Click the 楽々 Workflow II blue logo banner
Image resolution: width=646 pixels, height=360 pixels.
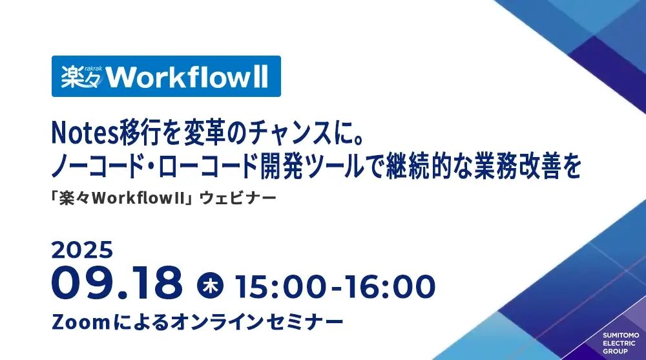pyautogui.click(x=166, y=76)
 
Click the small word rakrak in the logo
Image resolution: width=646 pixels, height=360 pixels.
pyautogui.click(x=93, y=69)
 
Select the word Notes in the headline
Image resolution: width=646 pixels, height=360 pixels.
pyautogui.click(x=85, y=134)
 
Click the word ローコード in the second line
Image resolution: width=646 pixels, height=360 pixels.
pyautogui.click(x=207, y=167)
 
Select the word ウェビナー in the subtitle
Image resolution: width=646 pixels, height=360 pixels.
pyautogui.click(x=238, y=198)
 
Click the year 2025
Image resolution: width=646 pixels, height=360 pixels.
pyautogui.click(x=82, y=250)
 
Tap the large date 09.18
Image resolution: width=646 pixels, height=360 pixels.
pyautogui.click(x=117, y=283)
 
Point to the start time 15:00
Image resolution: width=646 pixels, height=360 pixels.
pyautogui.click(x=281, y=286)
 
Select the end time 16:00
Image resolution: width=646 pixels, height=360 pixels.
pyautogui.click(x=390, y=286)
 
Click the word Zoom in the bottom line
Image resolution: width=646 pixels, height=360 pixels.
pyautogui.click(x=81, y=322)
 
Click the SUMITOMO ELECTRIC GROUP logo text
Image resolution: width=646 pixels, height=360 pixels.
pyautogui.click(x=621, y=343)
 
